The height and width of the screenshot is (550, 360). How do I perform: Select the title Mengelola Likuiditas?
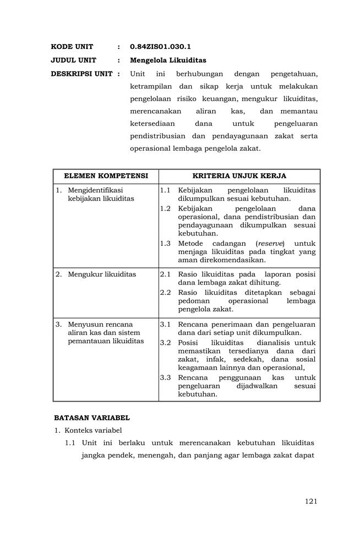tap(168, 61)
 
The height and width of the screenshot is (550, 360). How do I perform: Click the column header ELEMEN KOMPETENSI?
tap(106, 176)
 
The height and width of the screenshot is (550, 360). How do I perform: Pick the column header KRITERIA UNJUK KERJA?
tap(239, 176)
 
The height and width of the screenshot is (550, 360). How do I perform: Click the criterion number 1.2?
tap(165, 208)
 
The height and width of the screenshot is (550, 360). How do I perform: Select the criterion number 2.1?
tap(165, 274)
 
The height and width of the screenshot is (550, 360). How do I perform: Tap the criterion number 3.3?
tap(165, 378)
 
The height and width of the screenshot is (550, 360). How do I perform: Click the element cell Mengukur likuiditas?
tap(102, 274)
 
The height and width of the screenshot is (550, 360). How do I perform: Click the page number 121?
tap(311, 501)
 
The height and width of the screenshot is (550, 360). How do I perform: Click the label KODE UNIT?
tap(72, 47)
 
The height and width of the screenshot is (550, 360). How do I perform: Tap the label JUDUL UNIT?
tap(74, 61)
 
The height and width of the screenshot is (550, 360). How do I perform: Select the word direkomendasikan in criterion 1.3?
tap(232, 260)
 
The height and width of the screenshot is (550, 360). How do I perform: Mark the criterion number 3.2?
tap(165, 343)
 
